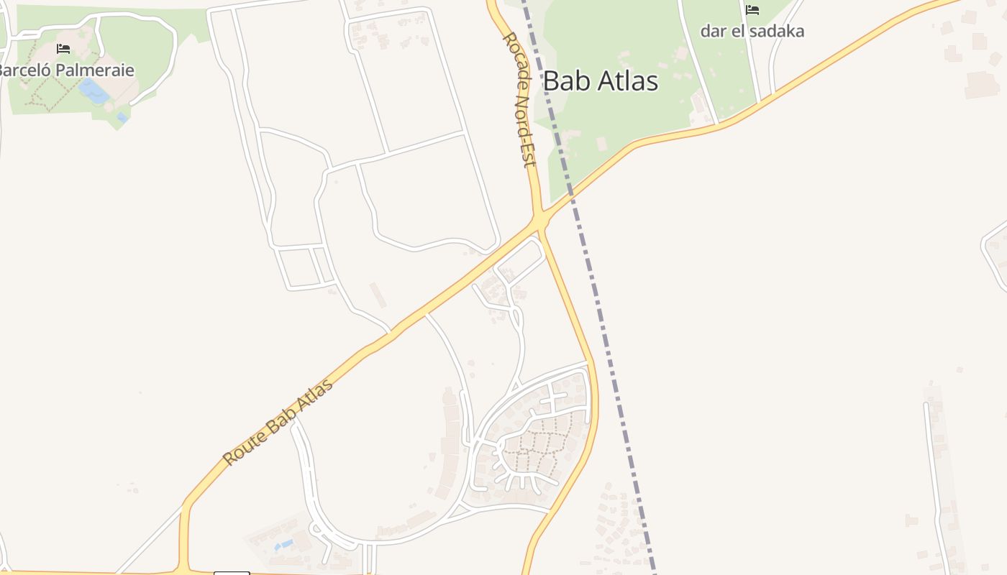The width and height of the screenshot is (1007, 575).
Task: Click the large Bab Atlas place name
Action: (600, 81)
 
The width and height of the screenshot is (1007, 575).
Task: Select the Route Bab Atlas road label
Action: (278, 421)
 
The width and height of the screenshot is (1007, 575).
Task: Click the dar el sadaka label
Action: (752, 31)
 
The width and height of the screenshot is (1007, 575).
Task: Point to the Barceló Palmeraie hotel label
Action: (66, 70)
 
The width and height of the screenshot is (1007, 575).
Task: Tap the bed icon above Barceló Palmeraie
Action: (63, 49)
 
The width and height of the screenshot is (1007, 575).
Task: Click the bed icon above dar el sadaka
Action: (752, 10)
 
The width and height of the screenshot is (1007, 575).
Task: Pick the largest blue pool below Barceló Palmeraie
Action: (94, 91)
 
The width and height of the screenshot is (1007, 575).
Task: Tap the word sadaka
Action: (778, 31)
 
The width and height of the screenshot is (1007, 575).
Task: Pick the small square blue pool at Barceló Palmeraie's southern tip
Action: (122, 117)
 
